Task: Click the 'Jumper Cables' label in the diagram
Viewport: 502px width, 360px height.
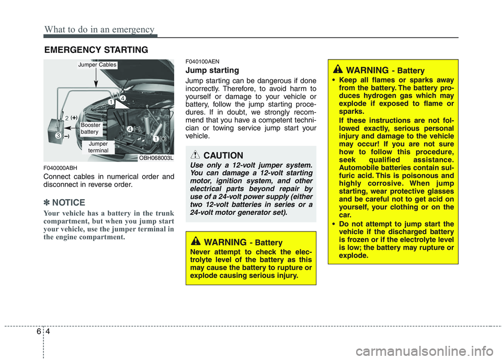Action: click(97, 65)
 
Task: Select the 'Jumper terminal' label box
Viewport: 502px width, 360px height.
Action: click(98, 147)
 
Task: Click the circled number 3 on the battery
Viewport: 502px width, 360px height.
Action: click(58, 136)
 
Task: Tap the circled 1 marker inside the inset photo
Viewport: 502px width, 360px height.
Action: click(156, 138)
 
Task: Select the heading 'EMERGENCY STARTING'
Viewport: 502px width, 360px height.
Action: click(96, 50)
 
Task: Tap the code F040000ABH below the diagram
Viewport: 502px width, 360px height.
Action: click(61, 168)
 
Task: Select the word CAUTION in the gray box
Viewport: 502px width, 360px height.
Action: click(223, 155)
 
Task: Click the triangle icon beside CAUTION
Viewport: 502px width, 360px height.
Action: click(197, 155)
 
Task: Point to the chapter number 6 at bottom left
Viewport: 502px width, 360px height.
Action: click(35, 332)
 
